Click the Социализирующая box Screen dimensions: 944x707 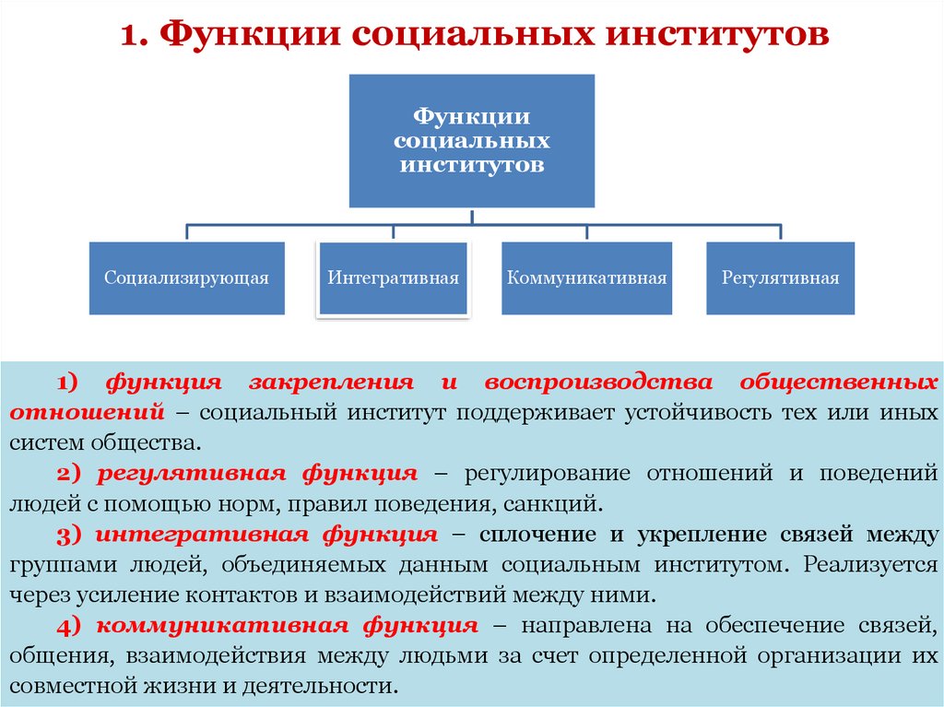pos(186,277)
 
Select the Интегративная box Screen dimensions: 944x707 pos(394,277)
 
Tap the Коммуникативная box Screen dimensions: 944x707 pos(586,277)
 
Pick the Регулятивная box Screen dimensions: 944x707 pos(780,277)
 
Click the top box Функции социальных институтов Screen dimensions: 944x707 pos(471,141)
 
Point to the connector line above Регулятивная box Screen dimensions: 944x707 pos(780,231)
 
